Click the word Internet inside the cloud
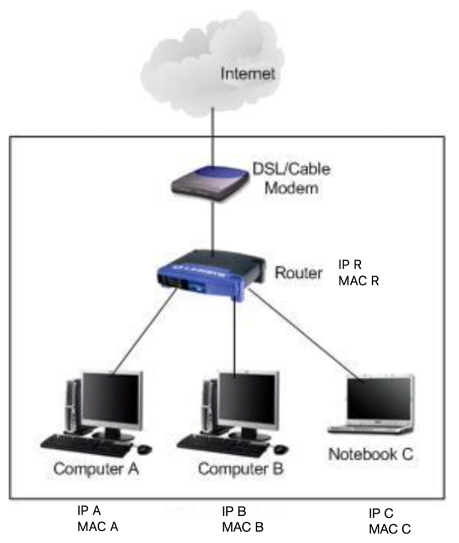[247, 74]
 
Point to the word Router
[299, 273]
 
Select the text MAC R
[358, 280]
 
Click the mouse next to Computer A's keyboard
[145, 449]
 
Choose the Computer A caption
[97, 469]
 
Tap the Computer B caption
[242, 469]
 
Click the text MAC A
[98, 527]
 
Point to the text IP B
[234, 512]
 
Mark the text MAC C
[390, 529]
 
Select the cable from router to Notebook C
[305, 334]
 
